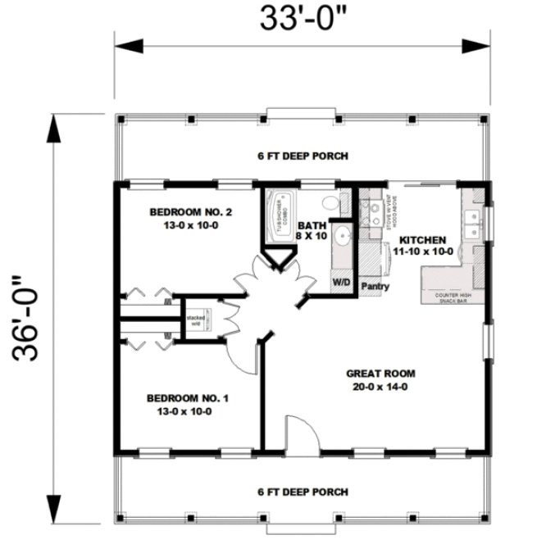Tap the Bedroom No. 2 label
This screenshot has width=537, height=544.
tap(190, 213)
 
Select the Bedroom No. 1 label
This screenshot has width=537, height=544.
tap(188, 398)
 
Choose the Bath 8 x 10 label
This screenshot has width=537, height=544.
tap(312, 230)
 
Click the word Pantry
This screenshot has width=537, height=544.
tap(374, 287)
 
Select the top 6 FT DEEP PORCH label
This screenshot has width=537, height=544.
tap(303, 156)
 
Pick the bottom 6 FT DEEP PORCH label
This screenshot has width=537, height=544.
tap(303, 492)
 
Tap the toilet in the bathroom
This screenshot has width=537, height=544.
tap(330, 202)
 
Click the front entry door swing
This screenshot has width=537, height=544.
tap(296, 432)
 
